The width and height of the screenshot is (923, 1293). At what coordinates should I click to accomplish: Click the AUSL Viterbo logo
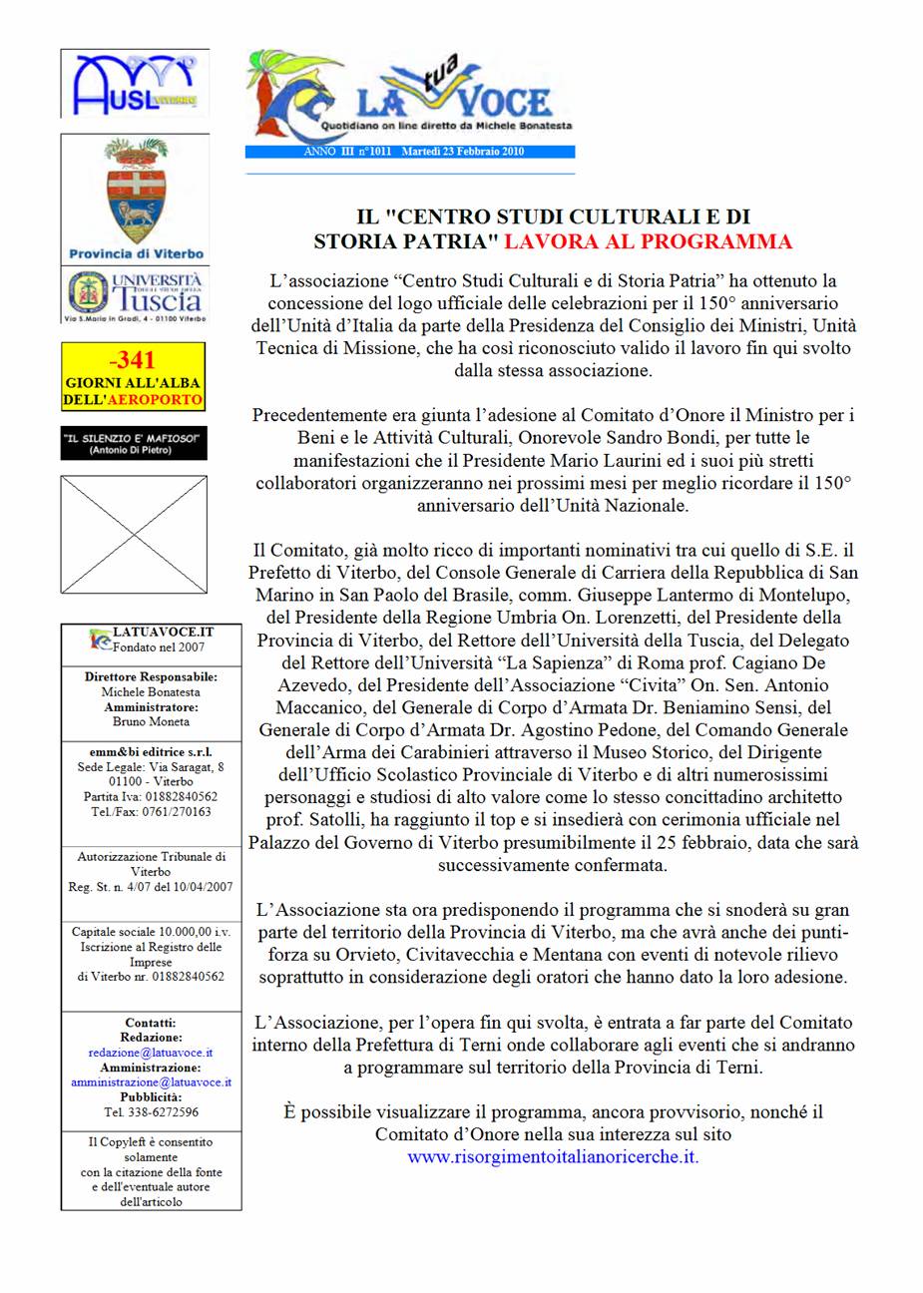(x=134, y=84)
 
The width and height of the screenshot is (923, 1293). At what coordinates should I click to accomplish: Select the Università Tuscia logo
(x=135, y=294)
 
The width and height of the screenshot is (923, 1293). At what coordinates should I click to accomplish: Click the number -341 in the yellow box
(x=133, y=359)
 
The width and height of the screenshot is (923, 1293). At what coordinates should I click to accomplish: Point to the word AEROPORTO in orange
(x=160, y=399)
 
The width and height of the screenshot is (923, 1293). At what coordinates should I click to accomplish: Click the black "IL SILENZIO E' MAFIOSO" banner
(x=134, y=443)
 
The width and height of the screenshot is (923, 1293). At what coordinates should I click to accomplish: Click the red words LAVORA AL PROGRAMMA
(x=648, y=240)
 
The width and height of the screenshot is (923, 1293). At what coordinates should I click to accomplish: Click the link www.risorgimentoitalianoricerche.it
(x=553, y=1157)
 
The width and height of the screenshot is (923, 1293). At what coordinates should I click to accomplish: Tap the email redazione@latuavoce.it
(x=150, y=1052)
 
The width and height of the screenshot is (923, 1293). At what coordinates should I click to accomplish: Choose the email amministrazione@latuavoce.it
(x=151, y=1081)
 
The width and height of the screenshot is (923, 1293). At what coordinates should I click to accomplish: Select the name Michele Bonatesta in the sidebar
(x=151, y=691)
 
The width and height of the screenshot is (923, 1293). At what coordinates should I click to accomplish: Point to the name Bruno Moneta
(x=151, y=721)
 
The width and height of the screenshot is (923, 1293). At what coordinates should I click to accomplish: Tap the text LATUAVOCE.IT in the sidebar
(x=164, y=633)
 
